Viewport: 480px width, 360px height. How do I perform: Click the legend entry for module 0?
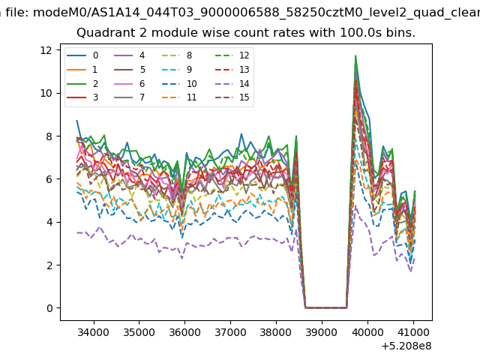tap(82, 55)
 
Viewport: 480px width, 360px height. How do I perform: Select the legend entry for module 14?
tap(231, 83)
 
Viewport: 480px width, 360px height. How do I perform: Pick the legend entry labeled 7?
tap(129, 97)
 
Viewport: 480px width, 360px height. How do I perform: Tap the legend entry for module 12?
tap(231, 55)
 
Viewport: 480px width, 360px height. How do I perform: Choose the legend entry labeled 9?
tap(177, 70)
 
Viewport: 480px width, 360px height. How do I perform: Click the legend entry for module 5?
tap(129, 70)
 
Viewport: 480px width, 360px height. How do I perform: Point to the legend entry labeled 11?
tap(178, 97)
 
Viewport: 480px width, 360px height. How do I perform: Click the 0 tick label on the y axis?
tap(49, 308)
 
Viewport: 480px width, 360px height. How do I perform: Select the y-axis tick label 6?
tap(49, 179)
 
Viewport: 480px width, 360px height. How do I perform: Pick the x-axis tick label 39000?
tap(322, 332)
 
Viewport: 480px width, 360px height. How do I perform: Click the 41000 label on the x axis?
tap(413, 332)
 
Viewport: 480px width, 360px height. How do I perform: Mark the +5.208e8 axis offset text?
tap(406, 346)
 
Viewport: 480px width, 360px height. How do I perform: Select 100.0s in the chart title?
tap(361, 33)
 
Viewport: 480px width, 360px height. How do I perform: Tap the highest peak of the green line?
tap(355, 55)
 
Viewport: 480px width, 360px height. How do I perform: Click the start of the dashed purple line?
tap(76, 232)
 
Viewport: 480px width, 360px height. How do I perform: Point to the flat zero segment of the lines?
tap(325, 307)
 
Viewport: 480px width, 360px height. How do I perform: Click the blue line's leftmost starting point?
tap(76, 121)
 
